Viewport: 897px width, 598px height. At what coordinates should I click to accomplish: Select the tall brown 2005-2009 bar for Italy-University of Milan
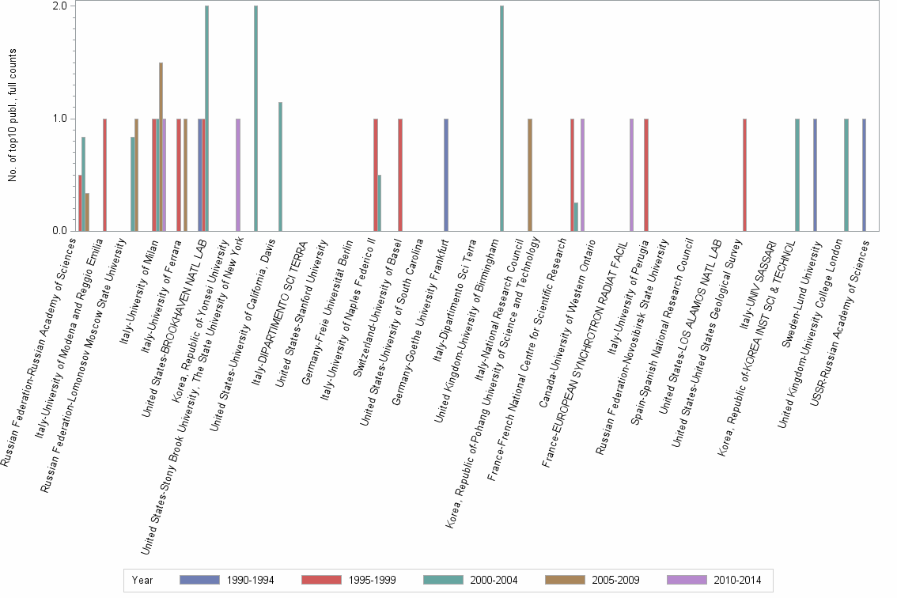pyautogui.click(x=161, y=146)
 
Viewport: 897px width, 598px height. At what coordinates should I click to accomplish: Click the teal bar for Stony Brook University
pyautogui.click(x=255, y=119)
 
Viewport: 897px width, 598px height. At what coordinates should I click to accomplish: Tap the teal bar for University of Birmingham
pyautogui.click(x=501, y=119)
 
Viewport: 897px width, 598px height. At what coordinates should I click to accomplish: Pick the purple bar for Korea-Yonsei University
pyautogui.click(x=238, y=175)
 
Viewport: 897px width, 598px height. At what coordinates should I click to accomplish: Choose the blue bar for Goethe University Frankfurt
pyautogui.click(x=446, y=175)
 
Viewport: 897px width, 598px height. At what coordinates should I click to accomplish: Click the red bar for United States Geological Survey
pyautogui.click(x=745, y=175)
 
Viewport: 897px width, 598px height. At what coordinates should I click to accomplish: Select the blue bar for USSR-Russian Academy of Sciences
pyautogui.click(x=864, y=175)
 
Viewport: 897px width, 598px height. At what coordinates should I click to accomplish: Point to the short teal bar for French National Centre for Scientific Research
pyautogui.click(x=576, y=217)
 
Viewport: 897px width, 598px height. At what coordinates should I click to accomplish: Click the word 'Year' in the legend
pyautogui.click(x=142, y=581)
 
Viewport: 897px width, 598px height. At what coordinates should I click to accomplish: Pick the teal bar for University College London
pyautogui.click(x=846, y=175)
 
